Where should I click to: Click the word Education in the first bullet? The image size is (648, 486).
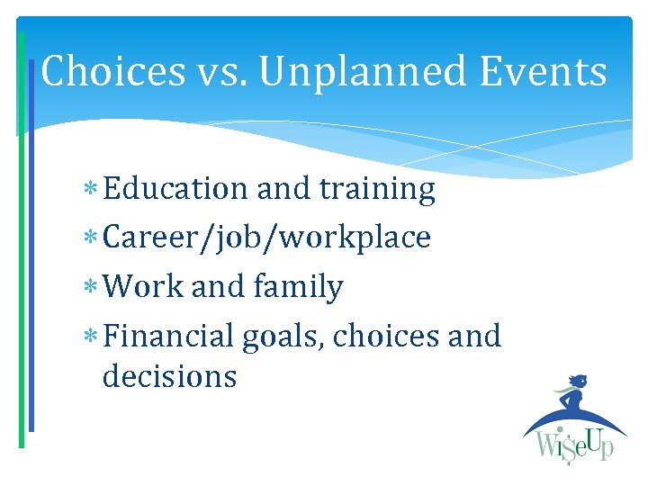(x=175, y=189)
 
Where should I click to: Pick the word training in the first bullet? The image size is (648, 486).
(x=377, y=190)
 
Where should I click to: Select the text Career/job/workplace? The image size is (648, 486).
(x=266, y=238)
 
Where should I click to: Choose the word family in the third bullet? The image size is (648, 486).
(x=298, y=287)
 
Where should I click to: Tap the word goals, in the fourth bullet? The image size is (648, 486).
(x=283, y=337)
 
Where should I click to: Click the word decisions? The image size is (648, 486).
(x=169, y=376)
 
